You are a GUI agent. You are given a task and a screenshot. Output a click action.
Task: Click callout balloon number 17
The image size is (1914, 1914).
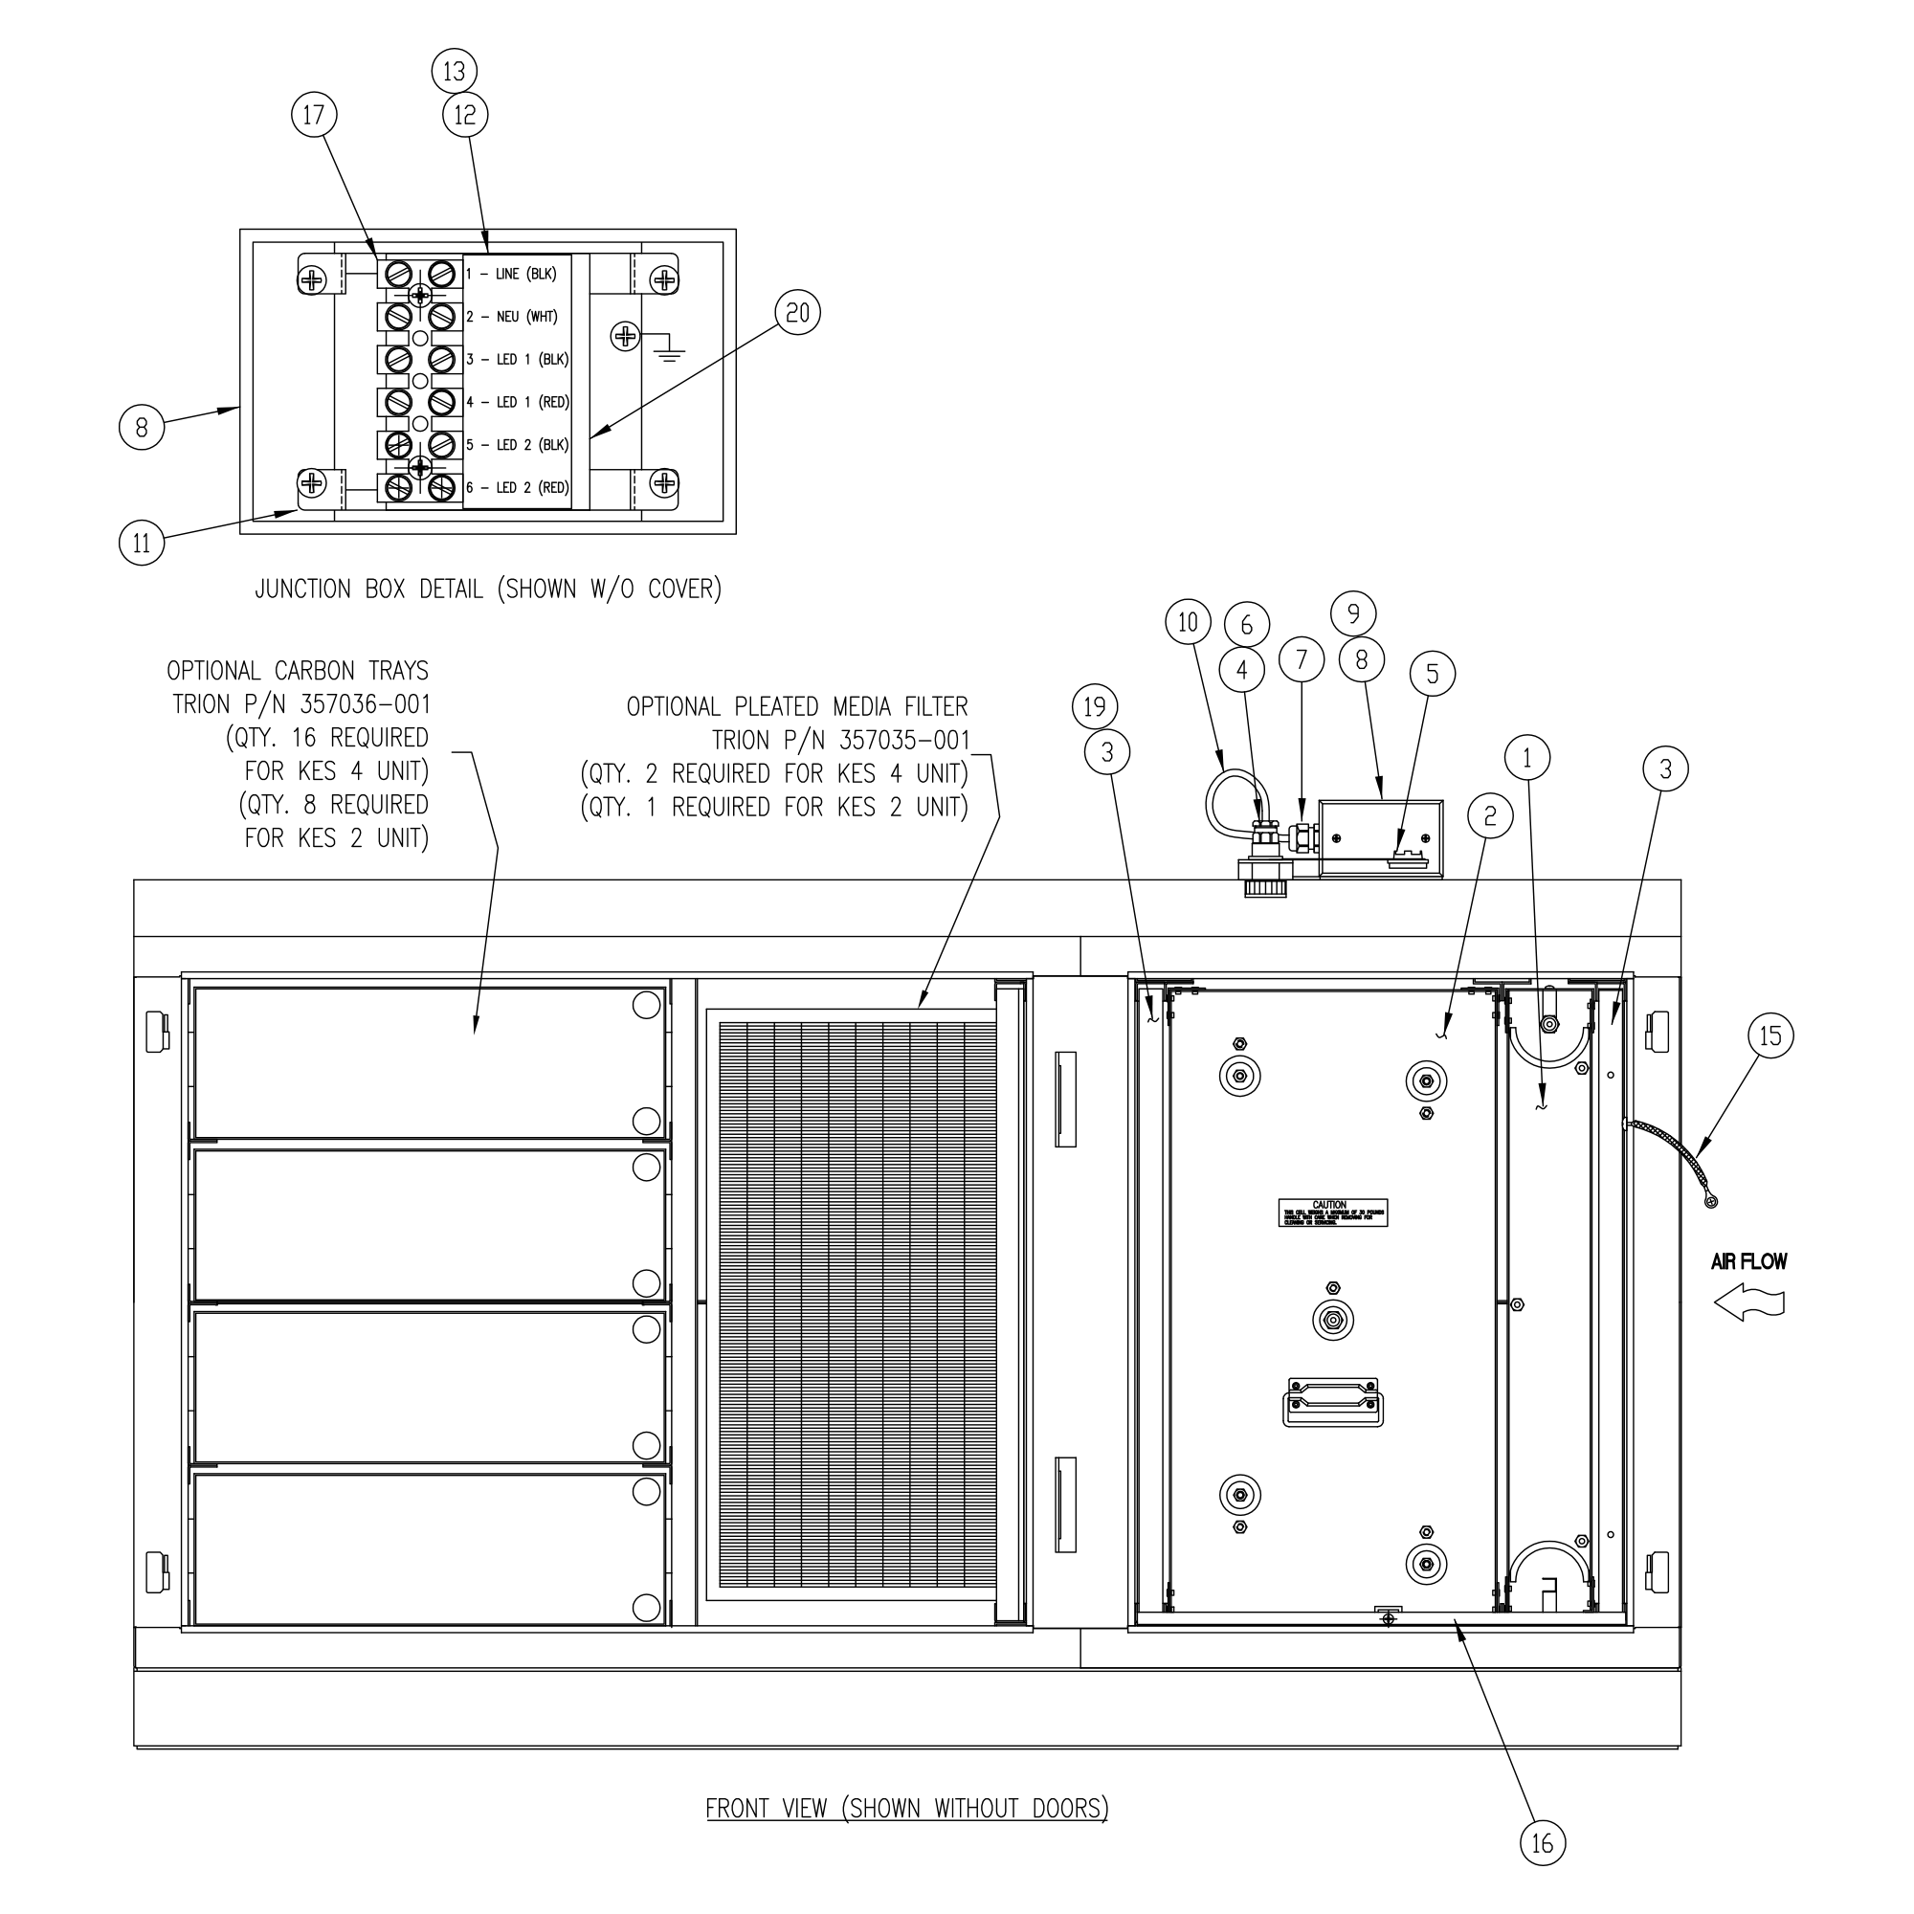click(313, 116)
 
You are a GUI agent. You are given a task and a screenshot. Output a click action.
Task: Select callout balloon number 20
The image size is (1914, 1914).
click(797, 314)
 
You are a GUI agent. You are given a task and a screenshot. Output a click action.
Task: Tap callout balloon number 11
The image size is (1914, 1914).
click(142, 543)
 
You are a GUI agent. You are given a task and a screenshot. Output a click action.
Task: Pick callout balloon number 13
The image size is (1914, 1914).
click(455, 72)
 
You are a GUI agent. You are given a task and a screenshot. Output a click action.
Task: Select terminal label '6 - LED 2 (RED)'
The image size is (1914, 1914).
click(517, 488)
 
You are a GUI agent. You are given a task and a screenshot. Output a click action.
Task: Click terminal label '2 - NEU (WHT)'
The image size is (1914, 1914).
click(512, 317)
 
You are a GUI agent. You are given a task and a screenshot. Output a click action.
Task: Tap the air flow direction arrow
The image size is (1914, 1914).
click(1749, 1302)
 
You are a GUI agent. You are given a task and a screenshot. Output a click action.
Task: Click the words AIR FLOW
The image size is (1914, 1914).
click(1749, 1261)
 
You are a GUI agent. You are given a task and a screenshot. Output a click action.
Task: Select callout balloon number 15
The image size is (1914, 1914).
click(1770, 1036)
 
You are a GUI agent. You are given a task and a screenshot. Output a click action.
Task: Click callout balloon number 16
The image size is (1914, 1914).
click(1543, 1844)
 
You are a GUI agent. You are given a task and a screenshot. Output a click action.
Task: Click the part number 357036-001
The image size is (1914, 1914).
click(365, 704)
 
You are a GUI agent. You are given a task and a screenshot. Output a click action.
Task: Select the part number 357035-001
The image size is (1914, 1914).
click(903, 740)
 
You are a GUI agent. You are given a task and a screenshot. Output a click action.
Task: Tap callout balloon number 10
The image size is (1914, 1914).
click(1188, 622)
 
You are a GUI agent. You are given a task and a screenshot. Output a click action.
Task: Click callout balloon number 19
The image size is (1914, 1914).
click(1095, 707)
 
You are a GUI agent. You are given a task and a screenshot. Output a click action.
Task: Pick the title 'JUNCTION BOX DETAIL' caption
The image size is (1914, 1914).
click(488, 590)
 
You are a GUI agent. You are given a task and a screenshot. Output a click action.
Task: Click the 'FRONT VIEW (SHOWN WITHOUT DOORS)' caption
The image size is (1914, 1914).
click(906, 1808)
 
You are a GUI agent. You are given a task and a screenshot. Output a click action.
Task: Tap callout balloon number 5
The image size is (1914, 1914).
click(1433, 675)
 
